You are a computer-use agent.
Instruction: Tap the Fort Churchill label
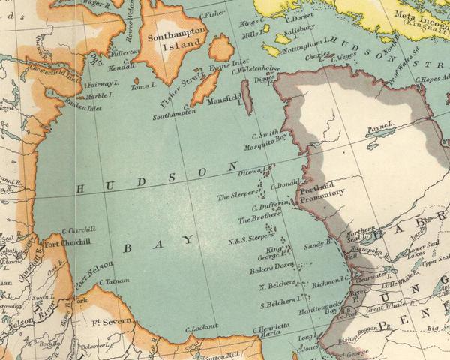[66, 241]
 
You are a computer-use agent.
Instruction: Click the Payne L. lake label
[381, 129]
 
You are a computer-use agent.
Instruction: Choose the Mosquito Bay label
[271, 139]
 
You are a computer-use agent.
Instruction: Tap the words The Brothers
[254, 220]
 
